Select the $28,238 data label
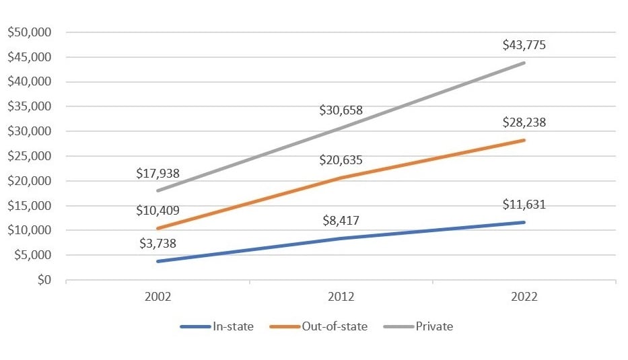(x=524, y=122)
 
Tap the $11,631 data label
(x=524, y=205)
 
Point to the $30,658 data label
(x=341, y=110)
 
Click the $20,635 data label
(x=341, y=159)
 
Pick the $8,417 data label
(x=341, y=220)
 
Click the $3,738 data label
(x=158, y=243)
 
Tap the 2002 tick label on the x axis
(x=158, y=297)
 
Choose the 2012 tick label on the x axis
(x=341, y=297)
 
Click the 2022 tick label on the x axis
(x=524, y=297)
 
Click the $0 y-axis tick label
(x=45, y=280)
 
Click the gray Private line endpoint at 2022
(x=524, y=63)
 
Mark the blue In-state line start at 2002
(x=158, y=261)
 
